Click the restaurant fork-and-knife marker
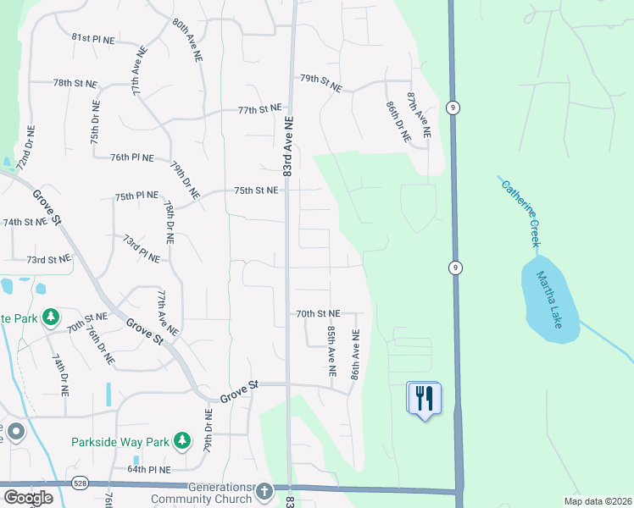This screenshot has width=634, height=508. pyautogui.click(x=425, y=397)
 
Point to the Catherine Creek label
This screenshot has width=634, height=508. pyautogui.click(x=520, y=213)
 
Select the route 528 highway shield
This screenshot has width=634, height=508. pyautogui.click(x=80, y=483)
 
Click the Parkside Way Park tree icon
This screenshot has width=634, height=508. pyautogui.click(x=181, y=440)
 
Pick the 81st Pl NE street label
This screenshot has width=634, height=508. pyautogui.click(x=93, y=38)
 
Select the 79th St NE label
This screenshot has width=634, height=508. pyautogui.click(x=320, y=83)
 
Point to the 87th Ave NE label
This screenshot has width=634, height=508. pyautogui.click(x=418, y=116)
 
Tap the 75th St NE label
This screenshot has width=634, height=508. pyautogui.click(x=256, y=191)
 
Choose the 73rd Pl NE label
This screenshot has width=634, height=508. pyautogui.click(x=141, y=249)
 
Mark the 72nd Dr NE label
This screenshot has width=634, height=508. pyautogui.click(x=25, y=147)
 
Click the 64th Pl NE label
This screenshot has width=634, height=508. pyautogui.click(x=150, y=469)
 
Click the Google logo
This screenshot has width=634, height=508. pyautogui.click(x=28, y=498)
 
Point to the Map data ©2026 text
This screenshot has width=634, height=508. pyautogui.click(x=597, y=501)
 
